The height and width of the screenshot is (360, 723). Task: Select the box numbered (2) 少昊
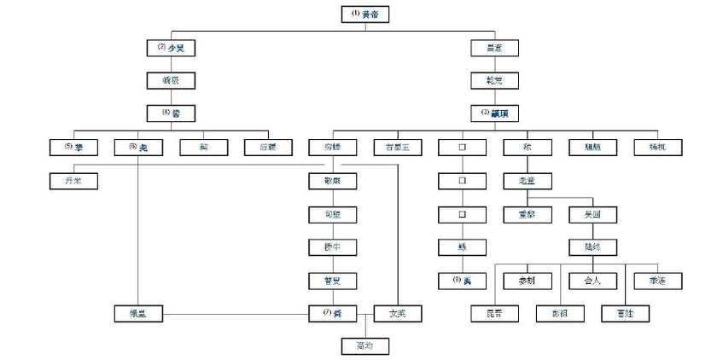click(170, 48)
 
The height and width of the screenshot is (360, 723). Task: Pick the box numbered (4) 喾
click(170, 113)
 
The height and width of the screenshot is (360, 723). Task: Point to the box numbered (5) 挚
click(73, 147)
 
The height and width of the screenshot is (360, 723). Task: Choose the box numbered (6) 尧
click(137, 147)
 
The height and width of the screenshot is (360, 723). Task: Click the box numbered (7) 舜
click(332, 313)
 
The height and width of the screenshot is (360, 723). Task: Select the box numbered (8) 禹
click(462, 281)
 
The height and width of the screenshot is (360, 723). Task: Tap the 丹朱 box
click(73, 181)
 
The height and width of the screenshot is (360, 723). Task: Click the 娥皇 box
click(137, 313)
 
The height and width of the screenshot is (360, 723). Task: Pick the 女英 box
click(397, 313)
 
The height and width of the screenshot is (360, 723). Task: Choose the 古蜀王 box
click(397, 147)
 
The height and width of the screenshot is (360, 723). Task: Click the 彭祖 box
click(559, 313)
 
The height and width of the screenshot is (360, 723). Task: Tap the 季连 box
click(656, 281)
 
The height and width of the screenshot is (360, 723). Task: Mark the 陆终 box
click(592, 247)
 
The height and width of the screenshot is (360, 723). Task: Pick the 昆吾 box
click(494, 313)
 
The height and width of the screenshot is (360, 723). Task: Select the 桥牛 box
click(332, 247)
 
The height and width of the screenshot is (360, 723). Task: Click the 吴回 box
click(592, 214)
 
